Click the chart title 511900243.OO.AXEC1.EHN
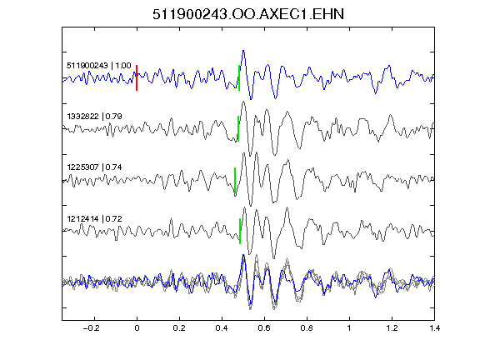point(248,14)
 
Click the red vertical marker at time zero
point(137,77)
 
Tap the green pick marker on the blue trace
point(239,77)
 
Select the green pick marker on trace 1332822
point(238,128)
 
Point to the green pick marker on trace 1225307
point(235,180)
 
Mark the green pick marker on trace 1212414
point(240,231)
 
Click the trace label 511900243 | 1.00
point(99,66)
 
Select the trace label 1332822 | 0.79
point(95,117)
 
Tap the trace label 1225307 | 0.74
point(95,167)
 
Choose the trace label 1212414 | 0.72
point(95,218)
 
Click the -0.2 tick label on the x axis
point(91,328)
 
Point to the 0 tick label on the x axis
point(137,328)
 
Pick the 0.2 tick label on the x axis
point(179,328)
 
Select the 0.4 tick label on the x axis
point(222,328)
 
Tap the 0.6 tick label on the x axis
point(264,328)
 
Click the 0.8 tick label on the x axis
point(307,328)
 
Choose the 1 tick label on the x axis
point(349,328)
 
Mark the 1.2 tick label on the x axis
point(392,328)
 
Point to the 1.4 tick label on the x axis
point(434,328)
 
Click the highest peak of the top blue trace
point(243,51)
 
